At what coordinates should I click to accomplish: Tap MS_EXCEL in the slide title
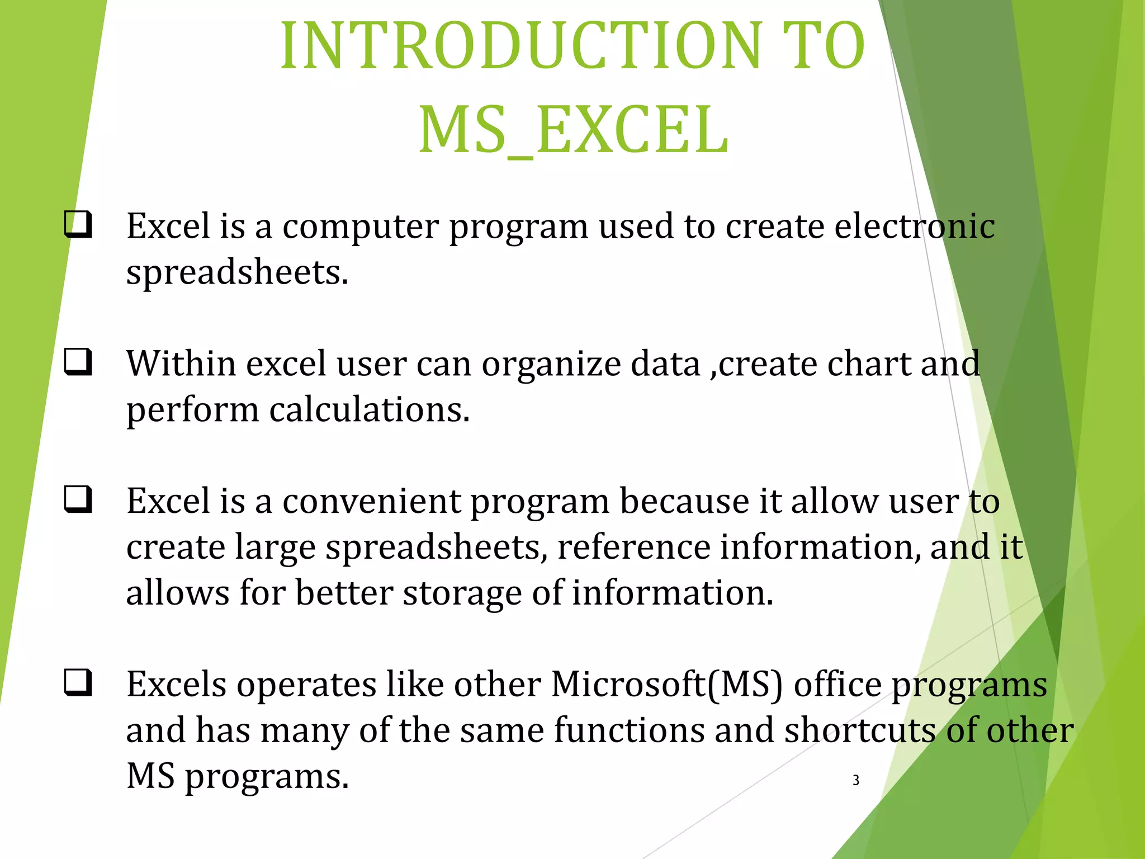[574, 131]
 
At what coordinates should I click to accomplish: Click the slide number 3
[856, 780]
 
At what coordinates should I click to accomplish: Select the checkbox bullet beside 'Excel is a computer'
[78, 225]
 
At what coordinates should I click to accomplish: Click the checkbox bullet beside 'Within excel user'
[78, 362]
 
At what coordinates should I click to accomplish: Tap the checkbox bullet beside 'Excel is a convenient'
[78, 499]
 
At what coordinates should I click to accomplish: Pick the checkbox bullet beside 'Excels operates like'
[78, 683]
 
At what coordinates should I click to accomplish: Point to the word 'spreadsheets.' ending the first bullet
[237, 273]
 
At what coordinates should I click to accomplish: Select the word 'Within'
[181, 364]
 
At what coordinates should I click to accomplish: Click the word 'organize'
[551, 365]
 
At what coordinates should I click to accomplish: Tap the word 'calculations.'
[370, 409]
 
